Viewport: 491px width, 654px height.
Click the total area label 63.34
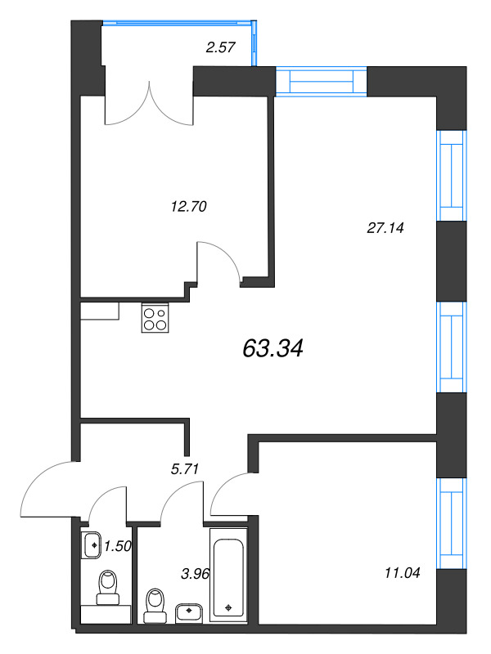click(273, 349)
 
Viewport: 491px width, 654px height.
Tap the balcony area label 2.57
click(221, 47)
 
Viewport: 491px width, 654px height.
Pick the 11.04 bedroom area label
click(401, 573)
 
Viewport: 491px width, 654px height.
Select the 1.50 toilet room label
click(119, 544)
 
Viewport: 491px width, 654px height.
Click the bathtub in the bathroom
click(229, 576)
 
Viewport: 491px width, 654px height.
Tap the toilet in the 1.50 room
click(107, 587)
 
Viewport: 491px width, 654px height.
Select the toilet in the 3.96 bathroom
click(152, 604)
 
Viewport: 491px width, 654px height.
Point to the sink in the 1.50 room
click(91, 544)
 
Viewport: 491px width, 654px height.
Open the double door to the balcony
click(148, 105)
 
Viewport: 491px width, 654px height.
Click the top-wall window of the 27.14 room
click(320, 83)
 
